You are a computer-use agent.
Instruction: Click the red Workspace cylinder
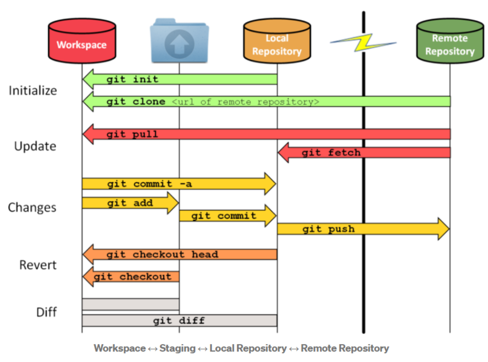tap(82, 41)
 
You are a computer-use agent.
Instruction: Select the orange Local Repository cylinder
tap(277, 41)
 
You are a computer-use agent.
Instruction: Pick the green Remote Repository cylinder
tap(450, 41)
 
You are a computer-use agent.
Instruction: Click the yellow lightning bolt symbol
tap(363, 43)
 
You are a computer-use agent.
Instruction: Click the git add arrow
tap(130, 203)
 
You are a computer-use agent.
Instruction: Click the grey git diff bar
tap(179, 320)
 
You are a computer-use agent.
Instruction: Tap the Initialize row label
tap(33, 90)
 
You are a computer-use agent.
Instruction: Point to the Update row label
tap(35, 147)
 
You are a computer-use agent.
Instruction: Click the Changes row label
tap(32, 208)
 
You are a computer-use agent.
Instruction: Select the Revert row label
tap(38, 265)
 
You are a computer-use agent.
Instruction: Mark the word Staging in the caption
tap(177, 348)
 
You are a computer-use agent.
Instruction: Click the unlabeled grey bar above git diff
tap(131, 304)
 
